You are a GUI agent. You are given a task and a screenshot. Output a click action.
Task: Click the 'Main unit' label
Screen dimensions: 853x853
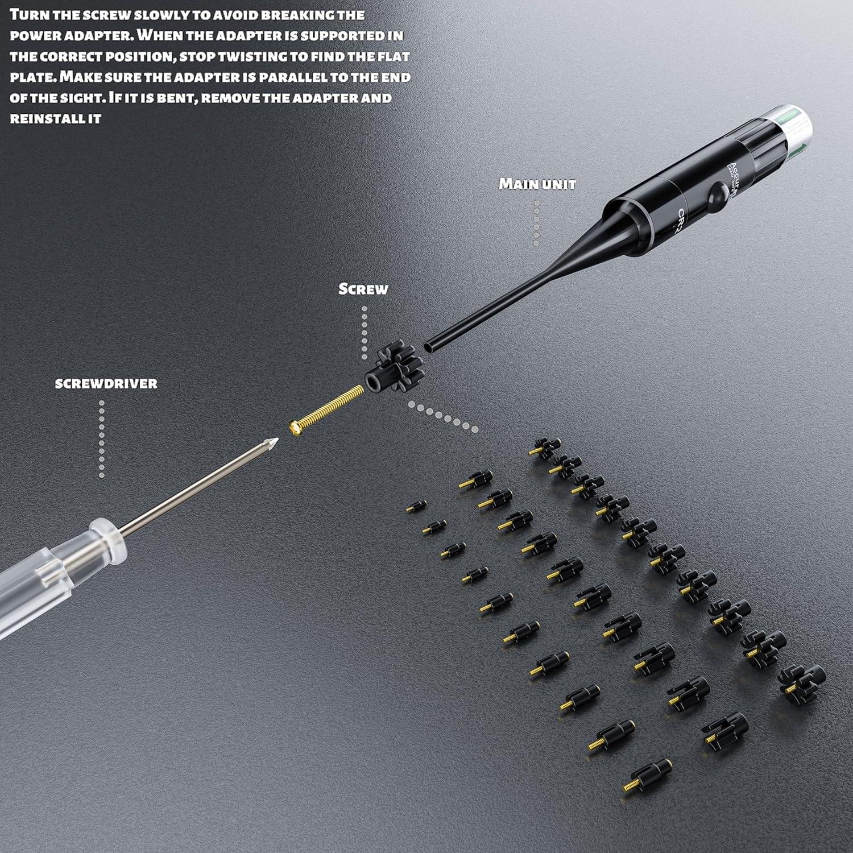[537, 184]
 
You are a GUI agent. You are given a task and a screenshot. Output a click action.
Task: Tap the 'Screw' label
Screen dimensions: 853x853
[363, 289]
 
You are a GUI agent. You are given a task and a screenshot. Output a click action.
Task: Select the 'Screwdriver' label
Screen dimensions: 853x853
[106, 383]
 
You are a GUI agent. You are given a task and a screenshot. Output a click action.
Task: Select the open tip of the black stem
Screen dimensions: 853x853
[428, 346]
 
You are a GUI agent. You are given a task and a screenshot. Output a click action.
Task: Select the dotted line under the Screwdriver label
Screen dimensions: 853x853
[102, 438]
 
